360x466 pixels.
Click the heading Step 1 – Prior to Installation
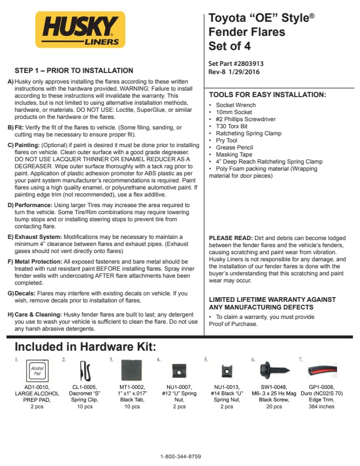74,71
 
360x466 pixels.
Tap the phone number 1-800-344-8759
181,457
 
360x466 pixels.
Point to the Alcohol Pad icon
36,371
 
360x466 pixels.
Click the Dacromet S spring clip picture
84,371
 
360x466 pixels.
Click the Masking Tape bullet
235,155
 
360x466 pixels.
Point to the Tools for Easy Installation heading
268,95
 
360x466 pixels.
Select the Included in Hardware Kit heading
85,346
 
